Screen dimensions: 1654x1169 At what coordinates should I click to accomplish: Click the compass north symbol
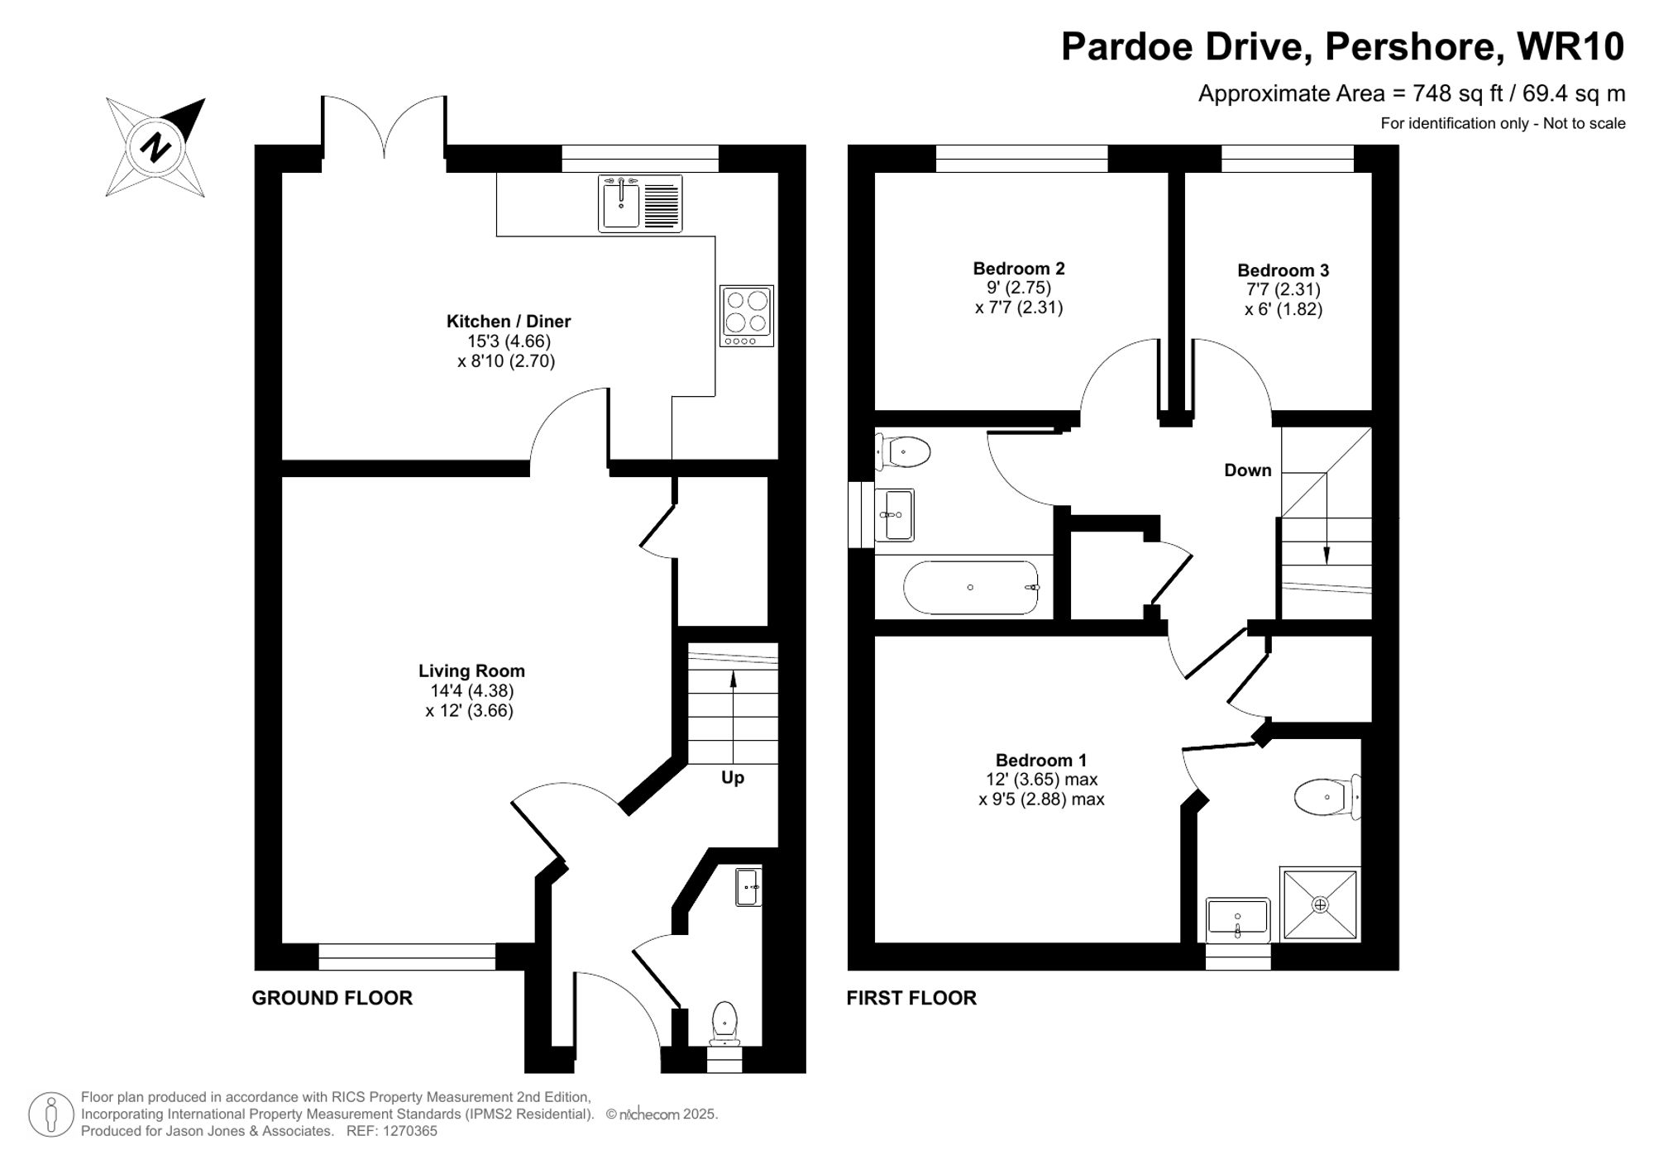point(155,148)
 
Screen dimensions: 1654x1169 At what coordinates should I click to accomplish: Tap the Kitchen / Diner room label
point(509,322)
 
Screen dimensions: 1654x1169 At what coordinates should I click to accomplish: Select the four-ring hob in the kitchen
point(747,316)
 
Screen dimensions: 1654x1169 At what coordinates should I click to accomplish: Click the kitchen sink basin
point(620,204)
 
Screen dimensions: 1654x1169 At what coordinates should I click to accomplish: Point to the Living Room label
point(471,671)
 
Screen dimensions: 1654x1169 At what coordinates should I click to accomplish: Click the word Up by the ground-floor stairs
point(733,777)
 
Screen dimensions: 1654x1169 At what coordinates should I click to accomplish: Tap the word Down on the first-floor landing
point(1248,470)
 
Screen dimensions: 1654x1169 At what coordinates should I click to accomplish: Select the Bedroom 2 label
point(1019,269)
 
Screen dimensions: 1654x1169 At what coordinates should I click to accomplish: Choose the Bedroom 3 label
point(1284,270)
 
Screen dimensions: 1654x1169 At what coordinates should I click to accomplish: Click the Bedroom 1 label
point(1041,761)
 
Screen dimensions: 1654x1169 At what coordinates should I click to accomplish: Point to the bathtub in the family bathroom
point(971,588)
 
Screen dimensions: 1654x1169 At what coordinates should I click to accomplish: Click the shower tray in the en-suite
point(1320,904)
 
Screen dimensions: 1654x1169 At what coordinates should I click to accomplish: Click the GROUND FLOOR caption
point(332,998)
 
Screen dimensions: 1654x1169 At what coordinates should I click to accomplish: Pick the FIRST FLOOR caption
point(911,998)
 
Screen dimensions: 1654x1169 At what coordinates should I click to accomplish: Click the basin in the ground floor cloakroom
point(748,887)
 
